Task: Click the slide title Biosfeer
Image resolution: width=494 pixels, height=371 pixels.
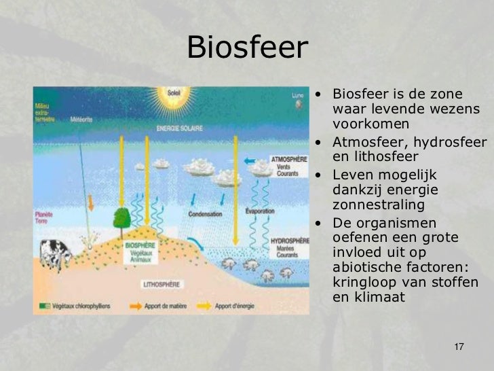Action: click(x=247, y=48)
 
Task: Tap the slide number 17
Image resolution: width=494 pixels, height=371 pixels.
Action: click(x=458, y=348)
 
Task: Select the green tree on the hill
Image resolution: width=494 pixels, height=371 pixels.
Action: click(x=121, y=218)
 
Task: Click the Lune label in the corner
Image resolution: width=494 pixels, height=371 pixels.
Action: click(x=298, y=96)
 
